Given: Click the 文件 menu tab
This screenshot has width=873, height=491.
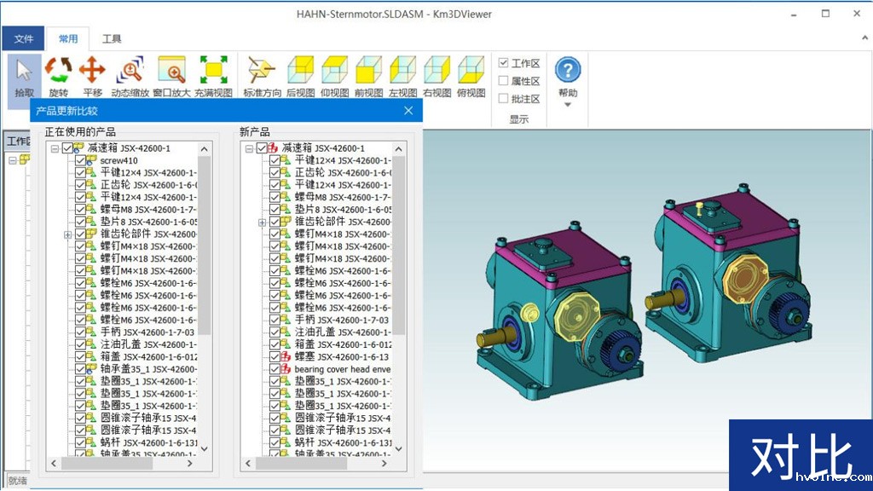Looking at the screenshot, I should (x=23, y=38).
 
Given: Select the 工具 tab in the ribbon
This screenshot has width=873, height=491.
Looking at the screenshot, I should (x=112, y=38).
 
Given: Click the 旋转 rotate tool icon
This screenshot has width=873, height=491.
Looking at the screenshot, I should (x=58, y=70).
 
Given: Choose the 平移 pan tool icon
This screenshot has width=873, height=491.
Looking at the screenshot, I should (x=92, y=70).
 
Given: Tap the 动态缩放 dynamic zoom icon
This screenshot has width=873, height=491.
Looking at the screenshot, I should (x=130, y=70).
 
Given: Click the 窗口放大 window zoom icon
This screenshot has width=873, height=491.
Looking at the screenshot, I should (x=171, y=70).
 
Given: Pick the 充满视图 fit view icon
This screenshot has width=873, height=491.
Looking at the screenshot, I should (x=213, y=70).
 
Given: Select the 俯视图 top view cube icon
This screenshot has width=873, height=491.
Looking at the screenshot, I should (x=470, y=70).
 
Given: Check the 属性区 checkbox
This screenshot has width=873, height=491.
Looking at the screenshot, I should (x=504, y=81).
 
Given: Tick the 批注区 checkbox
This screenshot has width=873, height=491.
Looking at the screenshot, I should (x=504, y=98).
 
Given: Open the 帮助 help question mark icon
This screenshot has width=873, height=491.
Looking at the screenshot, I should (x=568, y=70).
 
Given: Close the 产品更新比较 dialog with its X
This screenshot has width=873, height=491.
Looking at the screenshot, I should (x=408, y=111).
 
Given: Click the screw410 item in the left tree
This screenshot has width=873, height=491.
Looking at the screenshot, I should (x=119, y=160).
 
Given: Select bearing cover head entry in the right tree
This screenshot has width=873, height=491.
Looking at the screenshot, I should (x=341, y=369).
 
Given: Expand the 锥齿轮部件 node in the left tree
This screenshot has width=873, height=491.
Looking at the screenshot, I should (x=67, y=234).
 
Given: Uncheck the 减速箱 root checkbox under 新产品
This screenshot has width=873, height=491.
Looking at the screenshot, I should (x=262, y=148).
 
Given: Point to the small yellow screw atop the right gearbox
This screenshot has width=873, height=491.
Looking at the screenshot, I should (x=699, y=207).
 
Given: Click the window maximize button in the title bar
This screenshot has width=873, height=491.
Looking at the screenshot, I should (x=825, y=14).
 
